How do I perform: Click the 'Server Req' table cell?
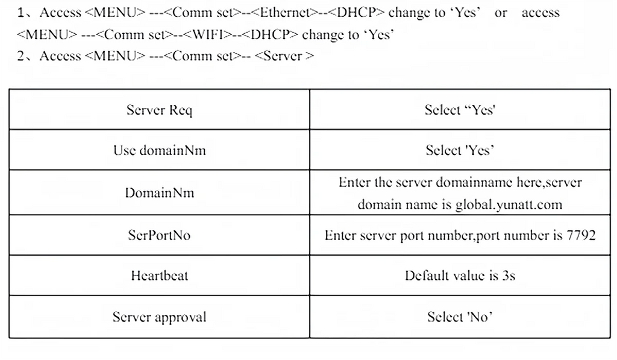pos(159,110)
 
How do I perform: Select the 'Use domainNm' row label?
pos(159,150)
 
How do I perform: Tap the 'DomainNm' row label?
pos(159,192)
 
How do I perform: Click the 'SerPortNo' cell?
pos(159,235)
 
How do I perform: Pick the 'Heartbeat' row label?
pos(159,276)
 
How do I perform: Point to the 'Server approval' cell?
pos(159,317)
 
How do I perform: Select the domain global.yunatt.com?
pos(509,204)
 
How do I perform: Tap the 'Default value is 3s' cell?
pos(460,276)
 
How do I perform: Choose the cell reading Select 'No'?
pos(460,317)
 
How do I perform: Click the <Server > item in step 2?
pos(284,56)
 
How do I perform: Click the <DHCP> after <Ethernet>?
pos(355,12)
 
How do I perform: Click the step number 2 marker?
pos(20,56)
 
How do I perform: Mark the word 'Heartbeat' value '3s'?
pos(509,276)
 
